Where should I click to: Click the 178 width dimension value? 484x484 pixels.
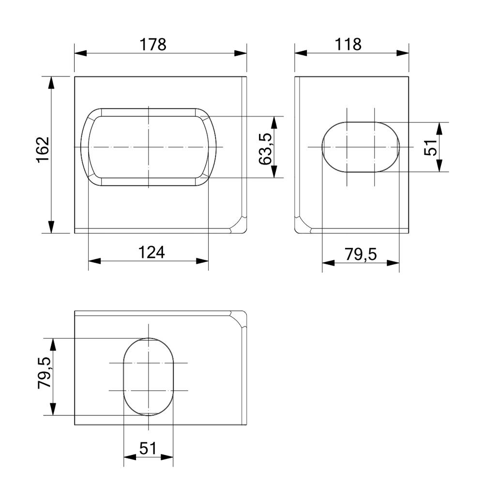point(153,45)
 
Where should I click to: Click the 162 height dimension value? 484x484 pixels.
point(43,150)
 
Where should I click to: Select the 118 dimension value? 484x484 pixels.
point(348,45)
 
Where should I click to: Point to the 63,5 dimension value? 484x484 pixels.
point(265,149)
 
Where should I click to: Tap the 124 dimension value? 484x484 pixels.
point(151,252)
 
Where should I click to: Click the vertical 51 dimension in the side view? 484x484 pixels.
point(431,147)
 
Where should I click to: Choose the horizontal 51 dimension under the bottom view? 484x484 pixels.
point(148,448)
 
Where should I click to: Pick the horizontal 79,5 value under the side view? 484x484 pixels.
point(361,255)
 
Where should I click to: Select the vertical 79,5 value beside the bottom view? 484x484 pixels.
point(44,373)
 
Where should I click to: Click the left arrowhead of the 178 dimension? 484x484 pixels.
point(80,53)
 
